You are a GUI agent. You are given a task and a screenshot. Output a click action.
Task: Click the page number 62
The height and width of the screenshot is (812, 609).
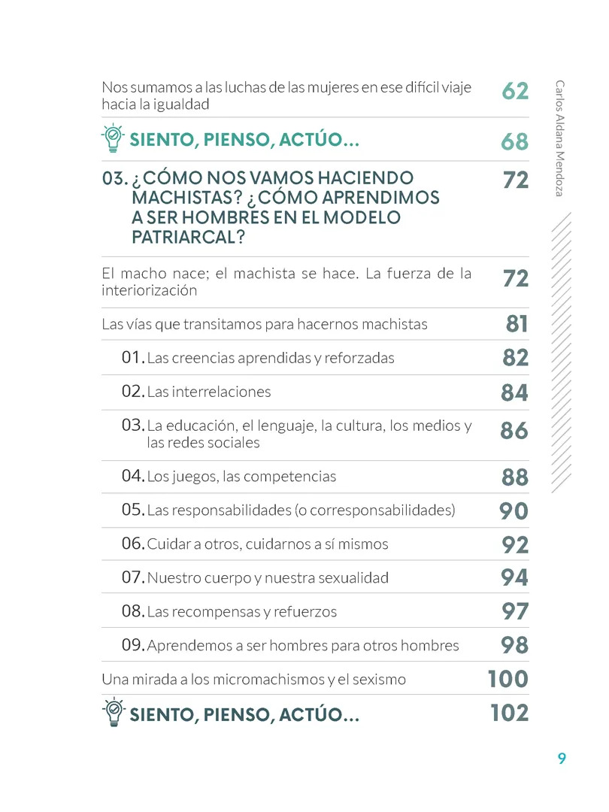515,91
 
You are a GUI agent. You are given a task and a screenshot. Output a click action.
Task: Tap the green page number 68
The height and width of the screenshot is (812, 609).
515,141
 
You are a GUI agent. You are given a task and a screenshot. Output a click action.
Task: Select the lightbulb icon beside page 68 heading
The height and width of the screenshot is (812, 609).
113,138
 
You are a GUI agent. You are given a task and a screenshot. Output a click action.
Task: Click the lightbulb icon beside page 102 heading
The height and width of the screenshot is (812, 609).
114,712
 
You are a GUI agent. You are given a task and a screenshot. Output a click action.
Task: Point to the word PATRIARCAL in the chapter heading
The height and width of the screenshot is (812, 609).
188,237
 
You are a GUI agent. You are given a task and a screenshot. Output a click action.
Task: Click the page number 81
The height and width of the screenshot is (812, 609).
517,324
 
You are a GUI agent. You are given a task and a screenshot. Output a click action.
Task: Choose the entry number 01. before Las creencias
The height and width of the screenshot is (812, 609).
133,357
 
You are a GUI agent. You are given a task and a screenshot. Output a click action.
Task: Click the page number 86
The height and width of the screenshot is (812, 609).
514,430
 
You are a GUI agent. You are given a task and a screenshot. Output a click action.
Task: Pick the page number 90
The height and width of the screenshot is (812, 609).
514,511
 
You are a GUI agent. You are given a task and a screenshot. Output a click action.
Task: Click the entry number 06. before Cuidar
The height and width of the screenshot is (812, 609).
133,544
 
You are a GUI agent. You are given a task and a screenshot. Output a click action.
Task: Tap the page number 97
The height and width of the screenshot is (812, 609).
515,611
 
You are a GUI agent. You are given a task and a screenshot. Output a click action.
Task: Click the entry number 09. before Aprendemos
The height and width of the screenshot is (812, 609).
133,645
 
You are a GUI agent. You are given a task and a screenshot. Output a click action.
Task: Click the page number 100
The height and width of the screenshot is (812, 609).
508,679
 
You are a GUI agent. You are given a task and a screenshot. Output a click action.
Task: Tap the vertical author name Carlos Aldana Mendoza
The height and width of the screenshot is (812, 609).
559,138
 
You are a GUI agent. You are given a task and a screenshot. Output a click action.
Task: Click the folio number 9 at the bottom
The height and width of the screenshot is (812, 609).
562,759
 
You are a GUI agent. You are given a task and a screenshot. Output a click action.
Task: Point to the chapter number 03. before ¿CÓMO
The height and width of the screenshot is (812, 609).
115,179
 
